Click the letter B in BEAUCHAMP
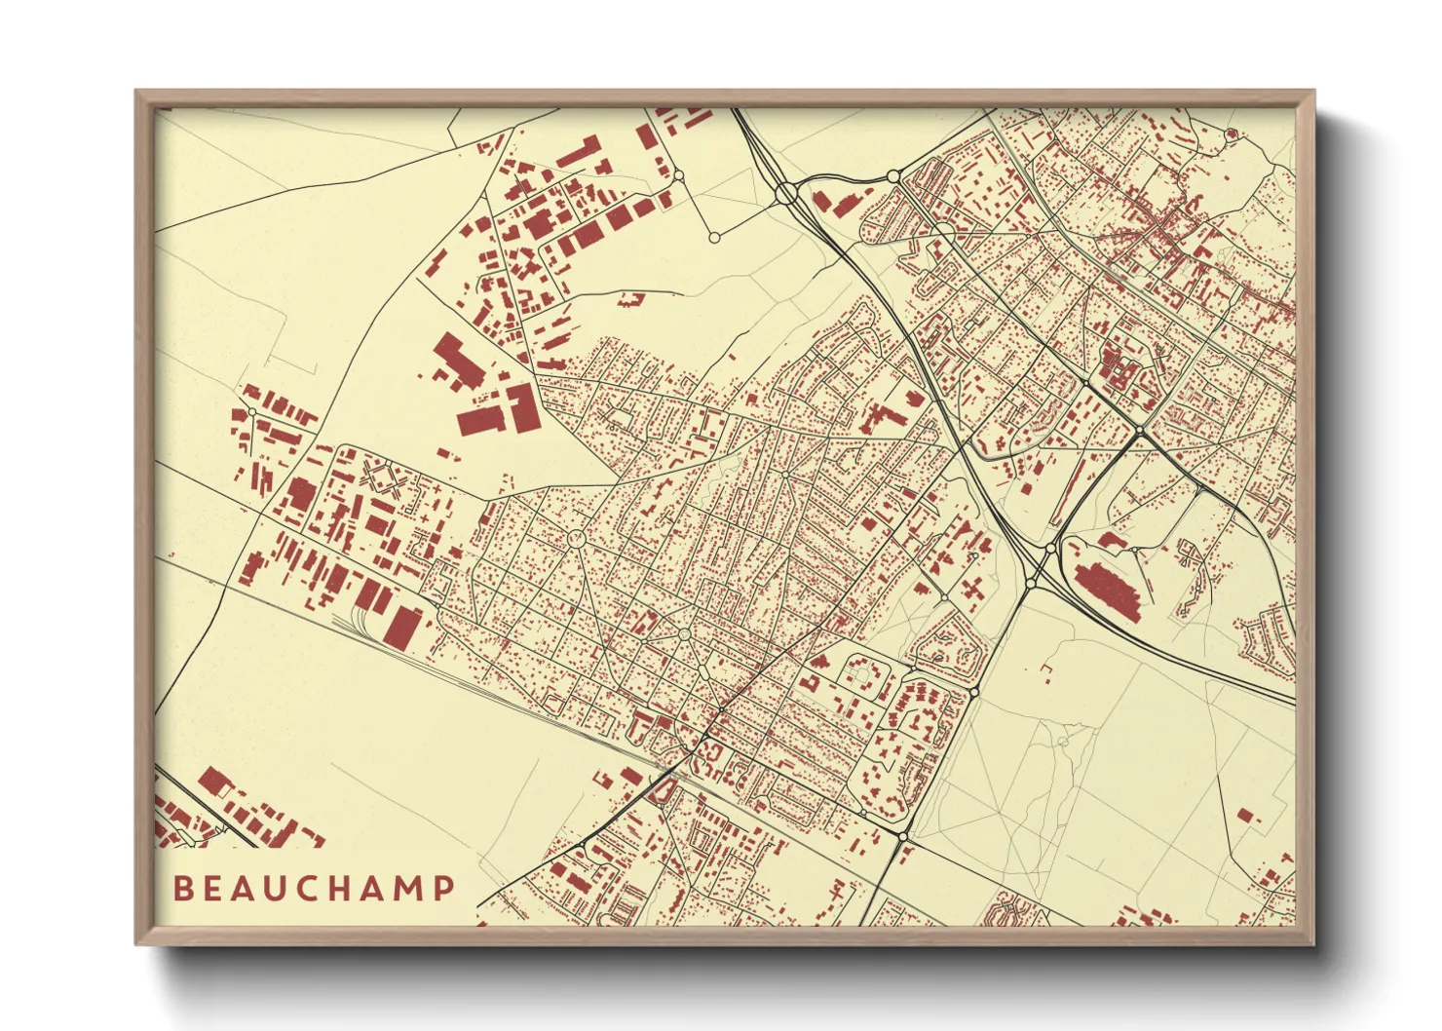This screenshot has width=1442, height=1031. click(x=182, y=889)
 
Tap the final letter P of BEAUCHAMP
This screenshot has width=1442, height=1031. click(x=444, y=889)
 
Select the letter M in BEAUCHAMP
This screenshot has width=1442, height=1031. click(x=408, y=889)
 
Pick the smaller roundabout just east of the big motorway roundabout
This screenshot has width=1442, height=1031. click(x=893, y=176)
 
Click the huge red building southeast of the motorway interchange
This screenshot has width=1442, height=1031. click(x=1111, y=588)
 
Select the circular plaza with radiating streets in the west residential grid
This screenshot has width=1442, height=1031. click(x=576, y=537)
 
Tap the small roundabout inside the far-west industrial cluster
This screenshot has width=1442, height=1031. click(x=252, y=413)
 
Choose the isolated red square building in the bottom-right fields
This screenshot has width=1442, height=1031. click(x=1245, y=815)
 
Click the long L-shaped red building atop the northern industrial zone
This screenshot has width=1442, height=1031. click(x=578, y=153)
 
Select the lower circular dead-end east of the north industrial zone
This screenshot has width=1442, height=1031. click(x=714, y=237)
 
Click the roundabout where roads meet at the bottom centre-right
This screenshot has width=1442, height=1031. click(x=903, y=836)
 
